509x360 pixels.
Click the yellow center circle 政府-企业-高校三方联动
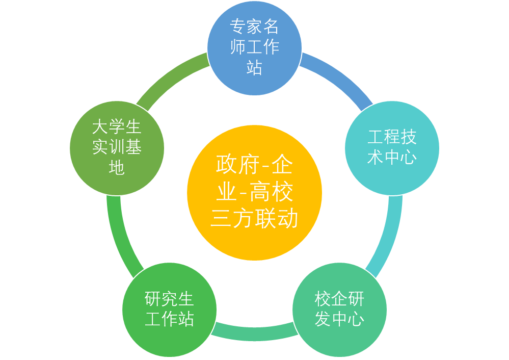[x=254, y=193]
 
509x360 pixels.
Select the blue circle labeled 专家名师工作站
[x=254, y=47]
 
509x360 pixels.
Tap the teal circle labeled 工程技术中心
[x=392, y=147]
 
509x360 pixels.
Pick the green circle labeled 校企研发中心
[x=339, y=310]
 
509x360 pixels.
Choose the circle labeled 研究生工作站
[x=169, y=310]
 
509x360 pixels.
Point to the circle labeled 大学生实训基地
[x=117, y=148]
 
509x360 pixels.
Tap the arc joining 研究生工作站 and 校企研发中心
[x=254, y=333]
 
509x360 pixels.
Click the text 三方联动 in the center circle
[x=254, y=219]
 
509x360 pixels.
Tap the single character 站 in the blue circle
[x=254, y=67]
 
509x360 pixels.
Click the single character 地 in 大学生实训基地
[x=117, y=167]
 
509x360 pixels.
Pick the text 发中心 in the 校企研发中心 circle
[x=339, y=320]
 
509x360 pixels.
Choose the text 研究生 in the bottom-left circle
[x=169, y=299]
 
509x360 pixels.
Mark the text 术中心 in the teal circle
[x=392, y=157]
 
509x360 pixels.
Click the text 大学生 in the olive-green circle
[x=117, y=127]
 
